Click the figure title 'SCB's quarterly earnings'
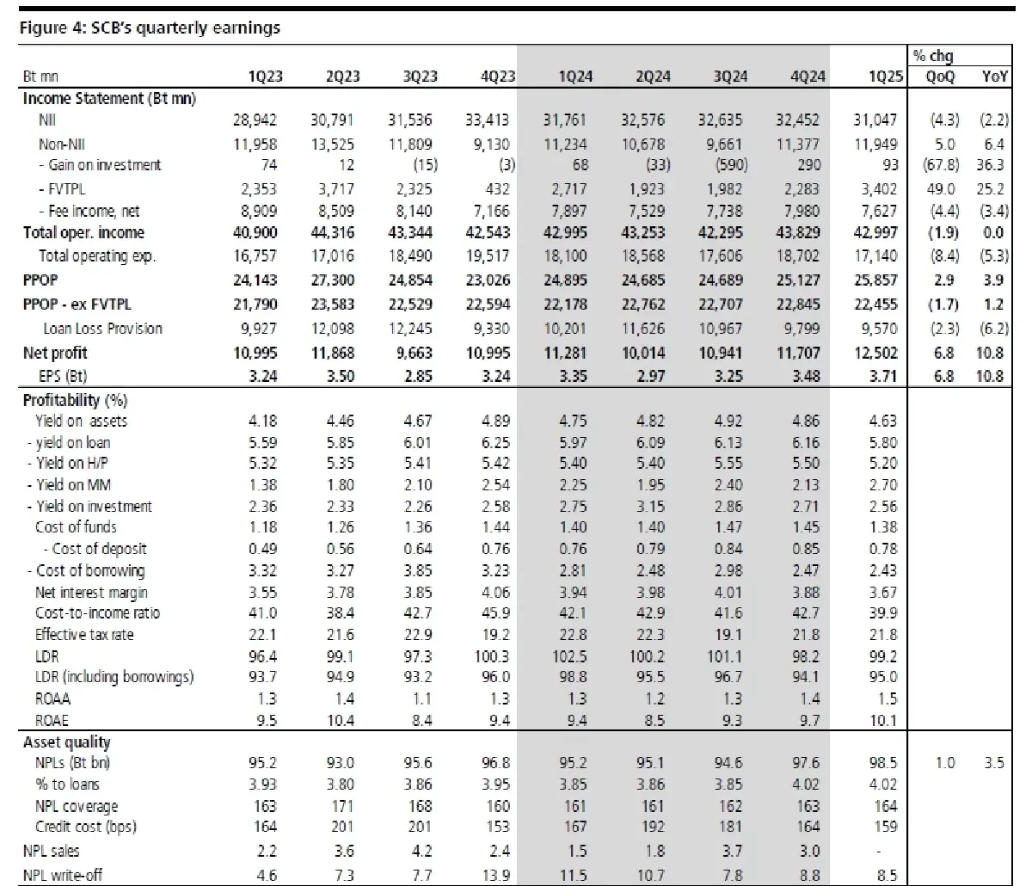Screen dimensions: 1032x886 pos(185,28)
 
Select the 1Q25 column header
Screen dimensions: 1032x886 pos(885,77)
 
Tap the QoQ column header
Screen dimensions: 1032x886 pos(940,77)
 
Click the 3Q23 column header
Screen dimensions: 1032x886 pos(420,77)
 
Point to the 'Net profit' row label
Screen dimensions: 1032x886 pos(55,353)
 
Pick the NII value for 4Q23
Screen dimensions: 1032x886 pos(488,120)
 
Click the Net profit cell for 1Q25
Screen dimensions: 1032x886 pos(875,353)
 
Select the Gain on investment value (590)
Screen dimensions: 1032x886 pos(732,165)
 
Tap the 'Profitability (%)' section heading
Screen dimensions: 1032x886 pos(75,400)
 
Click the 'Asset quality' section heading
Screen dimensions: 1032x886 pos(66,742)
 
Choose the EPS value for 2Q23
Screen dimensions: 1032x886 pos(341,376)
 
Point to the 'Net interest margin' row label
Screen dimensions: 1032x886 pos(91,593)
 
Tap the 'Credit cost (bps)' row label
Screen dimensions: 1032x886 pos(85,827)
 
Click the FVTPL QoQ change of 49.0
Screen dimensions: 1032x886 pos(941,188)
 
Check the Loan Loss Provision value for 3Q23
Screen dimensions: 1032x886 pos(410,328)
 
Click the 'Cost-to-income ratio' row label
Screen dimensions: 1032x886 pos(97,612)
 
